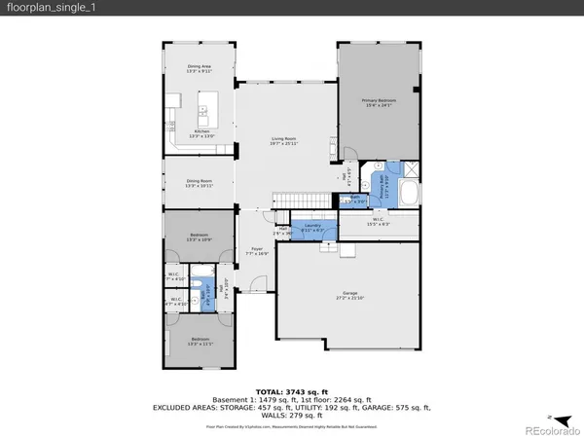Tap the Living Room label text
(x=284, y=142)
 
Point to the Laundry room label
(x=312, y=228)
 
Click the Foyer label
(x=257, y=251)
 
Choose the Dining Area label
(x=200, y=68)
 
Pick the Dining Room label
(x=200, y=183)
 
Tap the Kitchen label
(x=201, y=133)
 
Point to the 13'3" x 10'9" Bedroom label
(x=199, y=237)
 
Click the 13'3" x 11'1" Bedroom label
(x=199, y=343)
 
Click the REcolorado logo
(x=549, y=426)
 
